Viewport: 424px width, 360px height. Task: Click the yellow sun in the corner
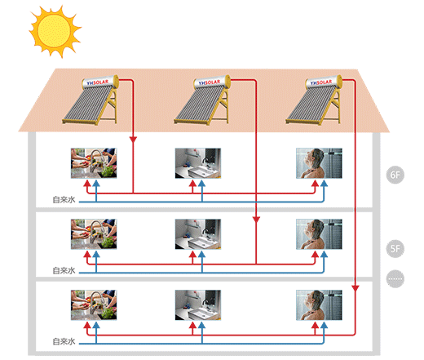[x=55, y=31]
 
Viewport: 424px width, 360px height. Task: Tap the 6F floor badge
[x=395, y=175]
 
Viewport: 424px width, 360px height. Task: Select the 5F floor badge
[x=395, y=249]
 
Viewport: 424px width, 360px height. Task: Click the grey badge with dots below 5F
[x=395, y=278]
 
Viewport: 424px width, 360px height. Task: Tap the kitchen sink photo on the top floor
[x=94, y=163]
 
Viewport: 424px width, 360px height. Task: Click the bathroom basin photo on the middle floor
[x=198, y=234]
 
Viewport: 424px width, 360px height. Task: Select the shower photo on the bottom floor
[x=319, y=305]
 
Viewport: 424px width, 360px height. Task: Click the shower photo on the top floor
[x=319, y=163]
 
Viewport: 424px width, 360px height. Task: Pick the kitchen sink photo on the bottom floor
[x=94, y=305]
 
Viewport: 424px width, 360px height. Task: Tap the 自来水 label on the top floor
[x=64, y=200]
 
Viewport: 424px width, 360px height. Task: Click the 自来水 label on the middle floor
[x=64, y=270]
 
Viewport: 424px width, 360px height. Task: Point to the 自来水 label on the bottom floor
[x=64, y=341]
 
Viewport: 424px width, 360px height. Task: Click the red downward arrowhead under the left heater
[x=133, y=140]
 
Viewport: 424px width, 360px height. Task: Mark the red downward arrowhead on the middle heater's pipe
[x=256, y=220]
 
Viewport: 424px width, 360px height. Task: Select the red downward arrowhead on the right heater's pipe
[x=356, y=288]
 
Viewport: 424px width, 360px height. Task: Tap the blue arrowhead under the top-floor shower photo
[x=324, y=183]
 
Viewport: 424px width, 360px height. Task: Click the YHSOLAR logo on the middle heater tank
[x=210, y=82]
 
